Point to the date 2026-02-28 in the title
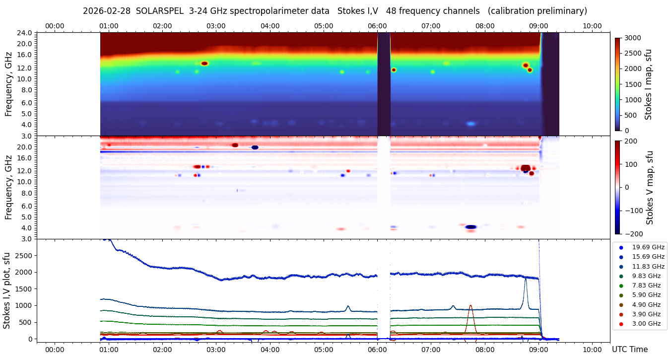click(105, 11)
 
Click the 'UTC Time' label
click(629, 350)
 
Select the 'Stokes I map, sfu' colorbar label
click(648, 84)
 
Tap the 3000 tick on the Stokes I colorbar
click(633, 38)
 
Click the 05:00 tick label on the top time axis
click(323, 26)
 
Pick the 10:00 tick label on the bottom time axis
click(592, 350)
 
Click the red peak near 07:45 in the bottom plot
click(470, 306)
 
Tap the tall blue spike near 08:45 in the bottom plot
click(525, 279)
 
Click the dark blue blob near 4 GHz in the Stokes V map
click(470, 227)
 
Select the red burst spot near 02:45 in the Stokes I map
click(204, 64)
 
